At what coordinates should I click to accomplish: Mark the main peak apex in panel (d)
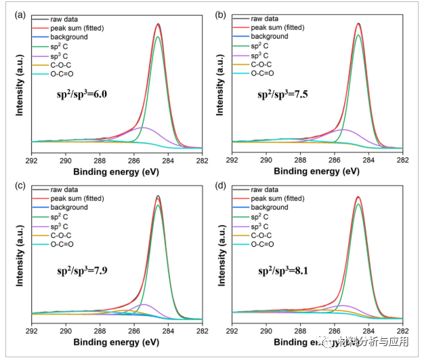tap(358, 197)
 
